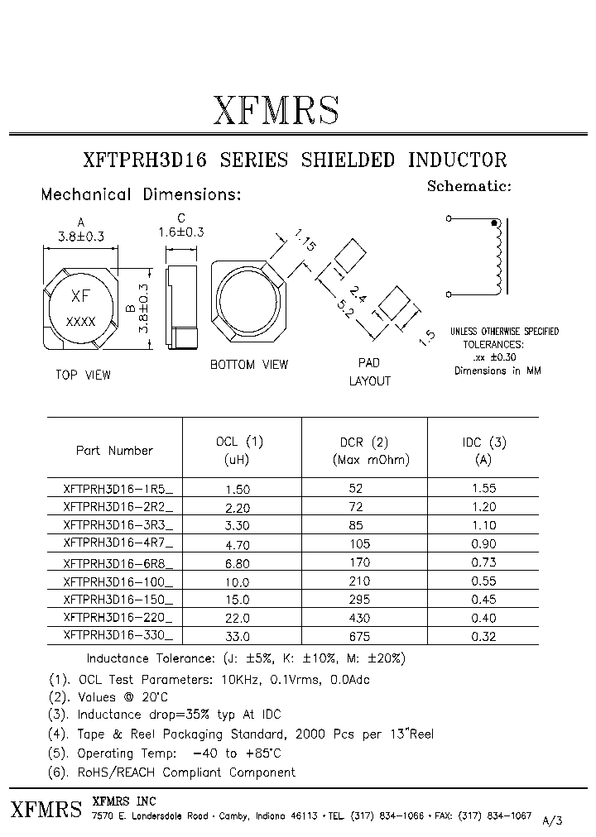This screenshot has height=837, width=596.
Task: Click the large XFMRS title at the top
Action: (276, 110)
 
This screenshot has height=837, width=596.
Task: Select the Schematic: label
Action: (469, 186)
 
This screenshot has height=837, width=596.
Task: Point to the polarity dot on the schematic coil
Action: (495, 222)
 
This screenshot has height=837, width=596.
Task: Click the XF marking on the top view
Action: (80, 296)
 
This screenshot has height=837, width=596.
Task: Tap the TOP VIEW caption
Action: (83, 375)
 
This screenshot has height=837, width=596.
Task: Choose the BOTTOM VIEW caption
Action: (248, 364)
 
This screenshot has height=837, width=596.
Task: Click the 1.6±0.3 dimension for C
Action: (180, 233)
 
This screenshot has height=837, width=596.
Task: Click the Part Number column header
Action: (114, 451)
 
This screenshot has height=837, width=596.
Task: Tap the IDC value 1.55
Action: (484, 489)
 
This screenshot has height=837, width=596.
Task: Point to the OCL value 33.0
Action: (238, 637)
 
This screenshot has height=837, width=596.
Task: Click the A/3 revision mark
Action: (552, 820)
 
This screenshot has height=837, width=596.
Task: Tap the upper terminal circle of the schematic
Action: (449, 219)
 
